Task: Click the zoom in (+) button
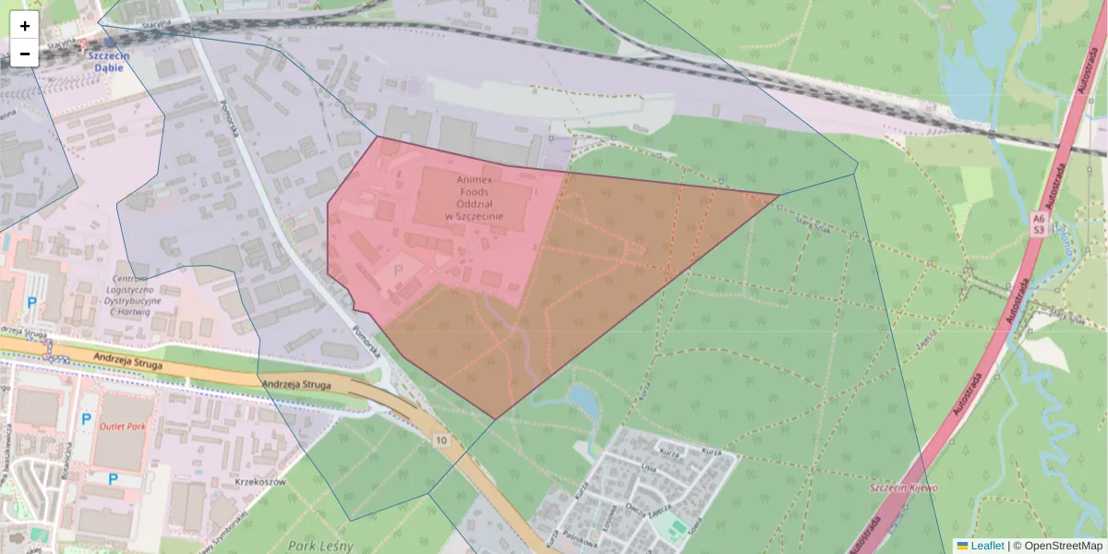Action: pos(24,26)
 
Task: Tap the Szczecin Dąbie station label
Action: pos(109,61)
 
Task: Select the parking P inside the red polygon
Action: pos(399,271)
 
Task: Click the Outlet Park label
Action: pos(124,427)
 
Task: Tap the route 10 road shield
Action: pos(441,440)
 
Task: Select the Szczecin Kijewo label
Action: pos(905,488)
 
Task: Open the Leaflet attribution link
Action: pos(986,546)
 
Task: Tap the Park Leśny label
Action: pos(320,546)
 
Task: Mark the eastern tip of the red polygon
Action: pos(778,195)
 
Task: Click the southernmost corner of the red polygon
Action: pos(496,419)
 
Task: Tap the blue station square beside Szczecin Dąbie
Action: pos(110,42)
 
